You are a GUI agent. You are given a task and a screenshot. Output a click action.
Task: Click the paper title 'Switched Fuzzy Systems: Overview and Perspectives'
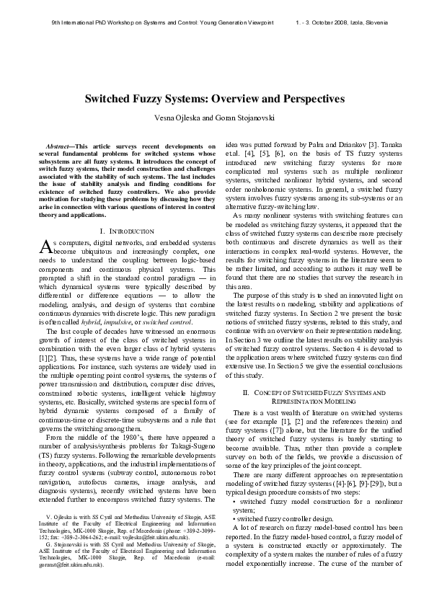(214, 98)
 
